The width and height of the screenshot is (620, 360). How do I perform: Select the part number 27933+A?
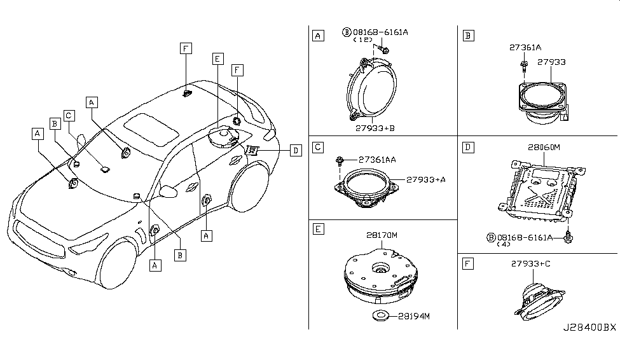pos(426,179)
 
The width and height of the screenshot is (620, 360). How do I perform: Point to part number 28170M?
pos(382,235)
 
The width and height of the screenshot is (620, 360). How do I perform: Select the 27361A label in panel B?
pos(524,47)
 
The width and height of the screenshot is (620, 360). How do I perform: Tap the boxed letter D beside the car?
pos(294,150)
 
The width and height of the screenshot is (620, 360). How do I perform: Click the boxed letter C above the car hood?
pos(69,115)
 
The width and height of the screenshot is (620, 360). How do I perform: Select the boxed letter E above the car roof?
pos(217,59)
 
